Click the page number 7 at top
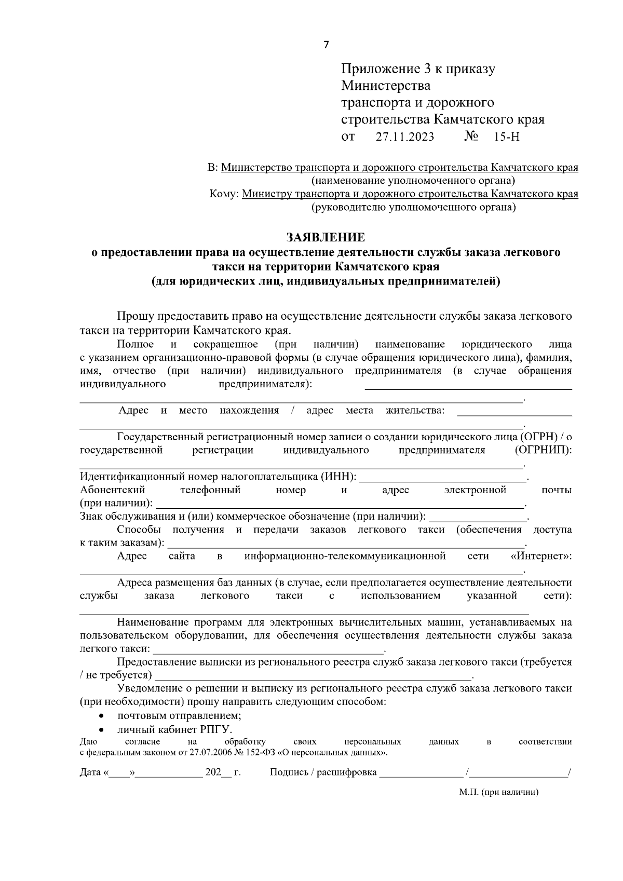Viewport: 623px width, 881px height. pos(326,45)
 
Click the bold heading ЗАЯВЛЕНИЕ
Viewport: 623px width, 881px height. pos(326,238)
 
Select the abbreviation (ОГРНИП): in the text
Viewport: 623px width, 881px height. pos(543,450)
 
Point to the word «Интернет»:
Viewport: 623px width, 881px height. pos(541,557)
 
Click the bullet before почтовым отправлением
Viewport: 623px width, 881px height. pos(103,716)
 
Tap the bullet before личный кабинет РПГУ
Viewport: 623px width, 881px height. pos(103,729)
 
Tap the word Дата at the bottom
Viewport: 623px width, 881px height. pos(90,772)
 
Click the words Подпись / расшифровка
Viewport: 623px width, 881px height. pos(323,772)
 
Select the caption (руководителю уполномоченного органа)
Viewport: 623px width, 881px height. pos(413,208)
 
